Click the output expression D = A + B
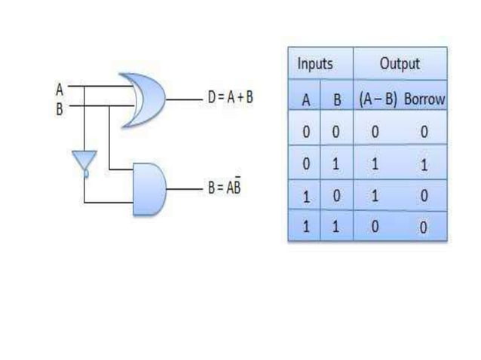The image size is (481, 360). click(x=230, y=99)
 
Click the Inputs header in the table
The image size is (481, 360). click(x=314, y=64)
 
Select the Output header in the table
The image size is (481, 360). click(x=400, y=64)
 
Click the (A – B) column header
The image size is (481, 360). click(x=377, y=99)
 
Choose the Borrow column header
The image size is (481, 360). click(x=424, y=99)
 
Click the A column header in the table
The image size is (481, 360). click(x=305, y=99)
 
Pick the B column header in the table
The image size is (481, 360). click(x=336, y=99)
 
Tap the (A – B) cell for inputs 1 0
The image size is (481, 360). click(x=375, y=196)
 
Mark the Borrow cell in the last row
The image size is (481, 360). click(x=424, y=227)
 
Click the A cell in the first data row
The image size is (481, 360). click(x=305, y=133)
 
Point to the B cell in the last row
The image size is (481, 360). click(x=336, y=227)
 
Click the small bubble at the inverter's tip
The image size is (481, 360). click(x=85, y=173)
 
